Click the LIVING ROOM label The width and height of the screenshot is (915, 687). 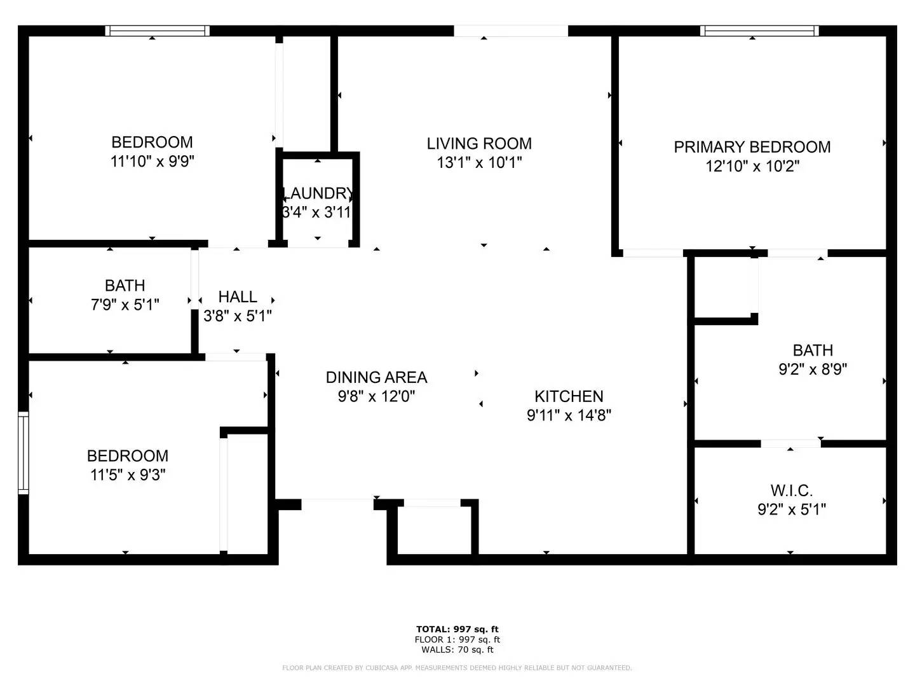pyautogui.click(x=479, y=144)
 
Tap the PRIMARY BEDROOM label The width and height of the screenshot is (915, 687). pyautogui.click(x=752, y=147)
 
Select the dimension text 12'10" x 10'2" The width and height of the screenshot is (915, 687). pyautogui.click(x=752, y=167)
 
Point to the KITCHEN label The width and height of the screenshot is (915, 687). pyautogui.click(x=569, y=396)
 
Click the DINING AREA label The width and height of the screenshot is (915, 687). pyautogui.click(x=376, y=377)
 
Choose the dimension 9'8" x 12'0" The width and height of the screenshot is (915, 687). pyautogui.click(x=376, y=396)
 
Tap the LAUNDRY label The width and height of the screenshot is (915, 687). pyautogui.click(x=317, y=193)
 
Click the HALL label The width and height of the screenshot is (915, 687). pyautogui.click(x=238, y=296)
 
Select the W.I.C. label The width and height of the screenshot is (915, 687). pyautogui.click(x=791, y=490)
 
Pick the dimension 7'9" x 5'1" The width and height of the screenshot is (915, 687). pyautogui.click(x=125, y=305)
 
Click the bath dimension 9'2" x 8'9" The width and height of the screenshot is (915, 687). pyautogui.click(x=813, y=370)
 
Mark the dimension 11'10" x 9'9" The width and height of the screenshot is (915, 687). pyautogui.click(x=152, y=162)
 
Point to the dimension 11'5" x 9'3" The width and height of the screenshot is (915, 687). pyautogui.click(x=128, y=475)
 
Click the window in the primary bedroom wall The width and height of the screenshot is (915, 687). pyautogui.click(x=759, y=31)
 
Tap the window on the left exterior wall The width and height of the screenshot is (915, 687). pyautogui.click(x=24, y=452)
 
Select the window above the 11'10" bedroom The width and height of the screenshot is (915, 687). pyautogui.click(x=157, y=31)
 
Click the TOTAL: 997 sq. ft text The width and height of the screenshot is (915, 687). pyautogui.click(x=457, y=629)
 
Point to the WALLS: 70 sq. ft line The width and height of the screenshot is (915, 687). pyautogui.click(x=457, y=649)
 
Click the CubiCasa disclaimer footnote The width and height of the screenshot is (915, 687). pyautogui.click(x=457, y=668)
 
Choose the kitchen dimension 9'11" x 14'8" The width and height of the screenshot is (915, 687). pyautogui.click(x=569, y=415)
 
